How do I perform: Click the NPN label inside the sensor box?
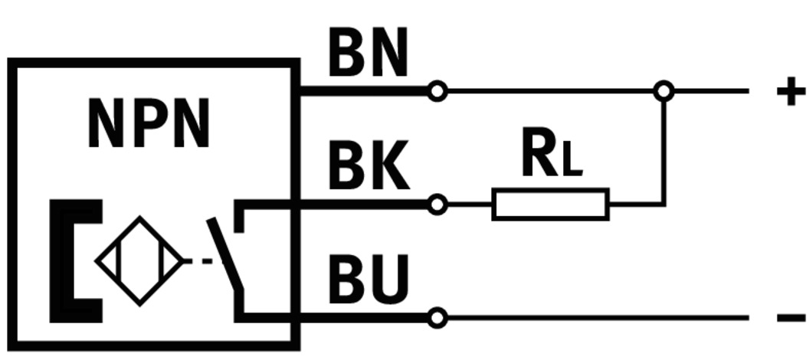pyautogui.click(x=149, y=125)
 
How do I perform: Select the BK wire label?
pyautogui.click(x=368, y=169)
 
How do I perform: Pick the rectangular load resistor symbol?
pyautogui.click(x=550, y=205)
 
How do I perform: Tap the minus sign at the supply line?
pyautogui.click(x=790, y=317)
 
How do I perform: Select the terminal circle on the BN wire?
pyautogui.click(x=437, y=92)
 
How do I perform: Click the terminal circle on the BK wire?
pyautogui.click(x=437, y=205)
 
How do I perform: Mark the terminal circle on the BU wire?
pyautogui.click(x=437, y=317)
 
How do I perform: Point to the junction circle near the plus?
pyautogui.click(x=663, y=92)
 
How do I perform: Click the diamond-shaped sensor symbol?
pyautogui.click(x=139, y=261)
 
